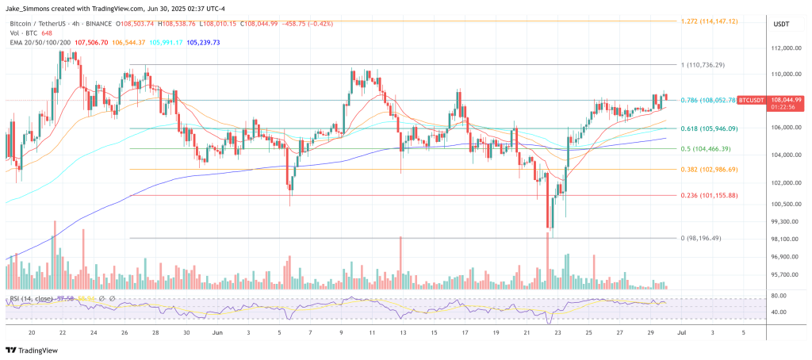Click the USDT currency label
click(x=781, y=25)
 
